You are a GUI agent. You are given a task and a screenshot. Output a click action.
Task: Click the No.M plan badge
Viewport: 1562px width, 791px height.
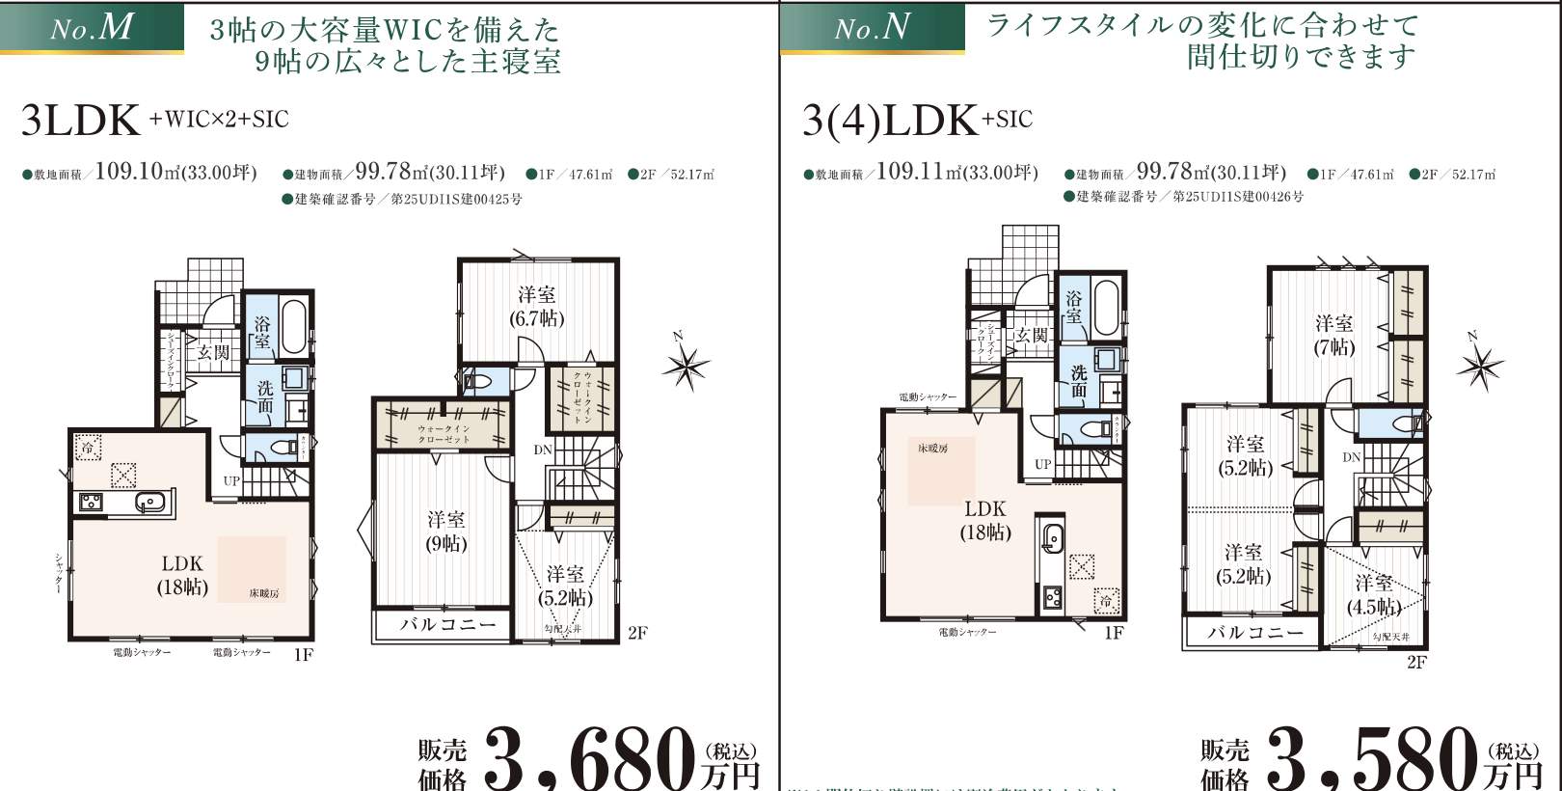92,27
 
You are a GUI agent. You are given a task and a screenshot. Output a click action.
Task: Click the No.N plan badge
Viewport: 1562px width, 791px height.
872,27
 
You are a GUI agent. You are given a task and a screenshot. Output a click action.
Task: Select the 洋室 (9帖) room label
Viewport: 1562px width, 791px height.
445,532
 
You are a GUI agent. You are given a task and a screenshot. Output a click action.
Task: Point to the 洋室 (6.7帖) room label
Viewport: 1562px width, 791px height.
536,307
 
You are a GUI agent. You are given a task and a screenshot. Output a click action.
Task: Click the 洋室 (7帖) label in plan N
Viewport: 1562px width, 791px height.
1333,335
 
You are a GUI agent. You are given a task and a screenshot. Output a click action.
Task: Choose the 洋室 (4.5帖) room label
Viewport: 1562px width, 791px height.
1374,595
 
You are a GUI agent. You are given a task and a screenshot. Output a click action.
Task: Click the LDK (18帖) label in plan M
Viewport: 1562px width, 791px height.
182,575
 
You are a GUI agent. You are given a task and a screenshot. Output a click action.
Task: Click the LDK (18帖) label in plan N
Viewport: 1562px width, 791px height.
984,520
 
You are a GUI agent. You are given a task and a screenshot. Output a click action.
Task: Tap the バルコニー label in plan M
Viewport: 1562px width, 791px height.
448,625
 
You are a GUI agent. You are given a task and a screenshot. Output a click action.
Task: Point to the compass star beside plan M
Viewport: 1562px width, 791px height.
686,365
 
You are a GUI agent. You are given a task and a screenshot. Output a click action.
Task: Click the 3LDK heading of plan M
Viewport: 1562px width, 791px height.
81,121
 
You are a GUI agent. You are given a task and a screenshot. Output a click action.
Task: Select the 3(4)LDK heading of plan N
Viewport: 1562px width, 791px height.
889,121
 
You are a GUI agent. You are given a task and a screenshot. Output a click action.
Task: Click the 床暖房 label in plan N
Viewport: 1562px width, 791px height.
932,449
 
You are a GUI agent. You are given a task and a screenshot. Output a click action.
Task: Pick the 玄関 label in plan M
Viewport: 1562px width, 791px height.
214,353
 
